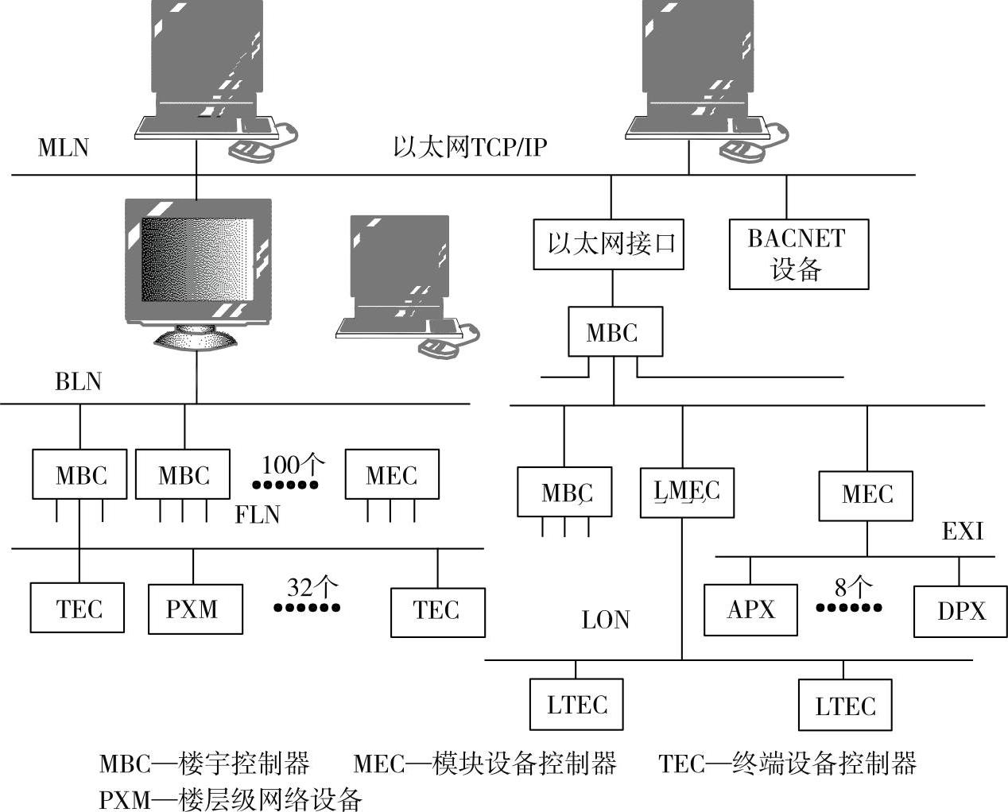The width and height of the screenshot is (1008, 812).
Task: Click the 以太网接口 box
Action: point(608,243)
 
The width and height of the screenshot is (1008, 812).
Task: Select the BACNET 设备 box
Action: point(798,254)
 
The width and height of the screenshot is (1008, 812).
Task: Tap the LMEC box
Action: point(687,493)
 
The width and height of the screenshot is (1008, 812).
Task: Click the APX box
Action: point(750,610)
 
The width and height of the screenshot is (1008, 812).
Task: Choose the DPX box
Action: point(960,611)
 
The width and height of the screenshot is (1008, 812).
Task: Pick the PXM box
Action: point(195,609)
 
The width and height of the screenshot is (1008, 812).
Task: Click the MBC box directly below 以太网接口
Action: point(614,332)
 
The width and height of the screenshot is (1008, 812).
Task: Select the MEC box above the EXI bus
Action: point(866,495)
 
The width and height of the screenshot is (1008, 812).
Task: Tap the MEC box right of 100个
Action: point(391,475)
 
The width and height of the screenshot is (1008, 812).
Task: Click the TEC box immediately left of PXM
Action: point(78,609)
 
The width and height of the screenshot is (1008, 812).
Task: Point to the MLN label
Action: point(64,148)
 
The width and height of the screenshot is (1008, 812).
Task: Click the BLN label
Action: point(78,382)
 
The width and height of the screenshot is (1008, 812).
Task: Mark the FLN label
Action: point(257,515)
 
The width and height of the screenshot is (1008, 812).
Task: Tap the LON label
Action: point(605,621)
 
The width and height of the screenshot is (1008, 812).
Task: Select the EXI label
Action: point(962,531)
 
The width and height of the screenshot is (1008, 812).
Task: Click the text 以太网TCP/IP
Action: point(470,148)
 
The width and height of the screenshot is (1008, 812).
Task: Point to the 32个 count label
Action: point(312,588)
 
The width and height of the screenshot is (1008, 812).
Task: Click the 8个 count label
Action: point(852,588)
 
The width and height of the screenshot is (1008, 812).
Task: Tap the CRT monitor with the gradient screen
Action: point(198,270)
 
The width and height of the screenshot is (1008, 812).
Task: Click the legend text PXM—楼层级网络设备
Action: point(231,798)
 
